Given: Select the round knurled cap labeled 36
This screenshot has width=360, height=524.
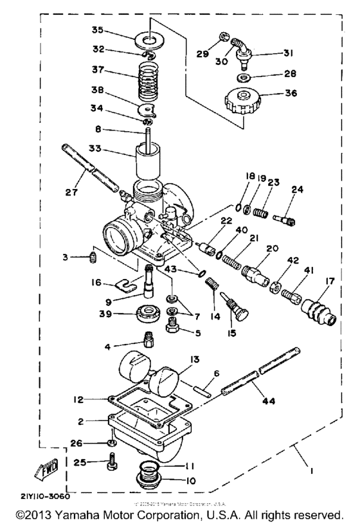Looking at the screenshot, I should pos(242,102).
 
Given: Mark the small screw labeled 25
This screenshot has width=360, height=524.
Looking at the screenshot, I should pos(113,462).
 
